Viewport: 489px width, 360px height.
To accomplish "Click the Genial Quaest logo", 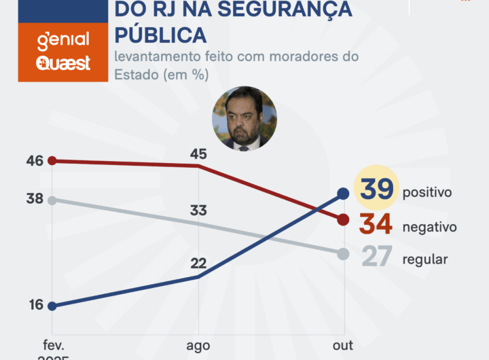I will click(62, 52).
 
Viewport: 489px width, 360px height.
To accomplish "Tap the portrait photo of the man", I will click(244, 118).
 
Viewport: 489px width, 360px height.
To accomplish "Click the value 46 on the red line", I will click(35, 161).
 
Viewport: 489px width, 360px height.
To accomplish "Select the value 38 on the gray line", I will click(35, 199).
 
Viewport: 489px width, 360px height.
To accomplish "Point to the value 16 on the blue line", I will click(35, 305).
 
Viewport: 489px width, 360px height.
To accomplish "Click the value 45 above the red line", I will click(198, 154).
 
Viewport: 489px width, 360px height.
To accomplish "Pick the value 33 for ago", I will click(198, 211).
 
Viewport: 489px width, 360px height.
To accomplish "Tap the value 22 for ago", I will click(198, 264).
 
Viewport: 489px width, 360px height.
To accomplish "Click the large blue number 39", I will click(376, 190).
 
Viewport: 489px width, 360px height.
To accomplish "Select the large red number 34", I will click(376, 223).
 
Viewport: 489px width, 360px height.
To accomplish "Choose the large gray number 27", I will click(376, 257).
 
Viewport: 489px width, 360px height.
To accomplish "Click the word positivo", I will click(427, 192).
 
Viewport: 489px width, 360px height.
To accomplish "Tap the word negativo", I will click(429, 227).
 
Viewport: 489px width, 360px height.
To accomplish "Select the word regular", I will click(425, 259).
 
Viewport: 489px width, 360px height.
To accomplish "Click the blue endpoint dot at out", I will click(343, 194).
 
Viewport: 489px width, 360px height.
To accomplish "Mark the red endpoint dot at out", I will click(343, 219).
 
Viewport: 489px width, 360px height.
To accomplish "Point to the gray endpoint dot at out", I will click(343, 254).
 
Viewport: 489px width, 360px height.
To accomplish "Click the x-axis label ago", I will click(198, 346).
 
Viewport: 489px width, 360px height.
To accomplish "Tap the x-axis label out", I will click(343, 346).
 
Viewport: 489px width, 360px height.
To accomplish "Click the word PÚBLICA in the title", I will click(161, 33).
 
